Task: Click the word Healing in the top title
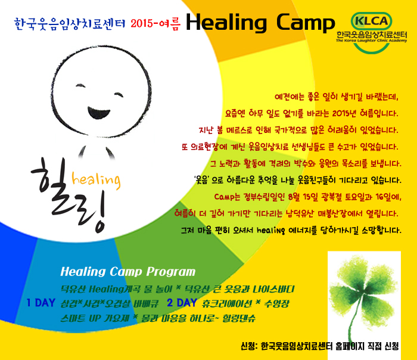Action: point(226,23)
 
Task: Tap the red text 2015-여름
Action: point(155,24)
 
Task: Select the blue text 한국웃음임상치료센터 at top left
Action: point(70,24)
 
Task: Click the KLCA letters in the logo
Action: point(371,21)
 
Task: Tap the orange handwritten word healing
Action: point(97,180)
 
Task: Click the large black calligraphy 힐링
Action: point(70,196)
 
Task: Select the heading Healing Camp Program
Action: point(128,272)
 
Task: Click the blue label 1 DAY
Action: point(41,303)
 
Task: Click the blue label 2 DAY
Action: point(182,303)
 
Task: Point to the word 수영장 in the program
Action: point(276,303)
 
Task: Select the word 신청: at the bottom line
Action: point(249,346)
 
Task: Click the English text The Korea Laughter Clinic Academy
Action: point(372,41)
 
